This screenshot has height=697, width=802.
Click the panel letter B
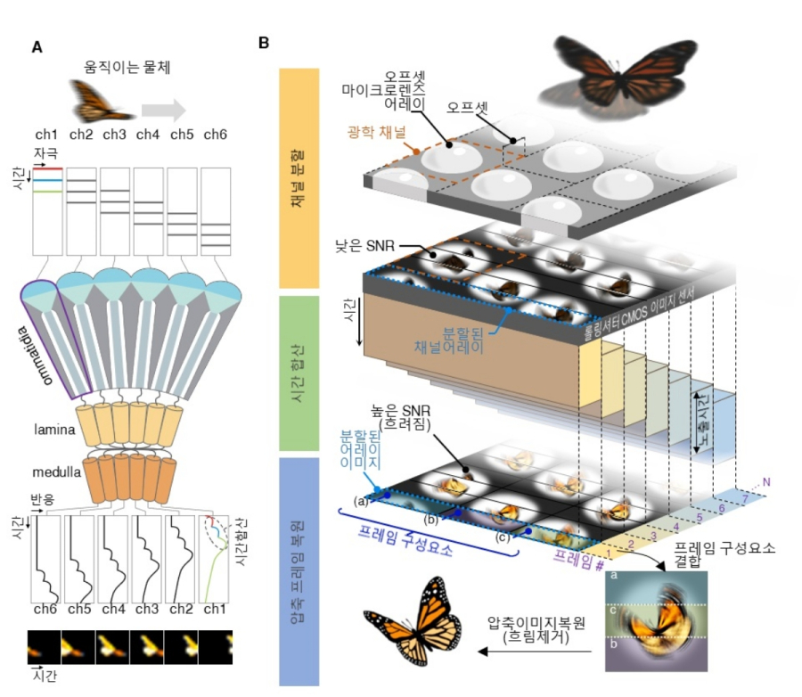click(265, 42)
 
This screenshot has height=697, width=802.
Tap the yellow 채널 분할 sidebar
click(300, 179)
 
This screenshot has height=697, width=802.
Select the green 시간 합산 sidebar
click(300, 374)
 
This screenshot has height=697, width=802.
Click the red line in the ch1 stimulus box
click(49, 168)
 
